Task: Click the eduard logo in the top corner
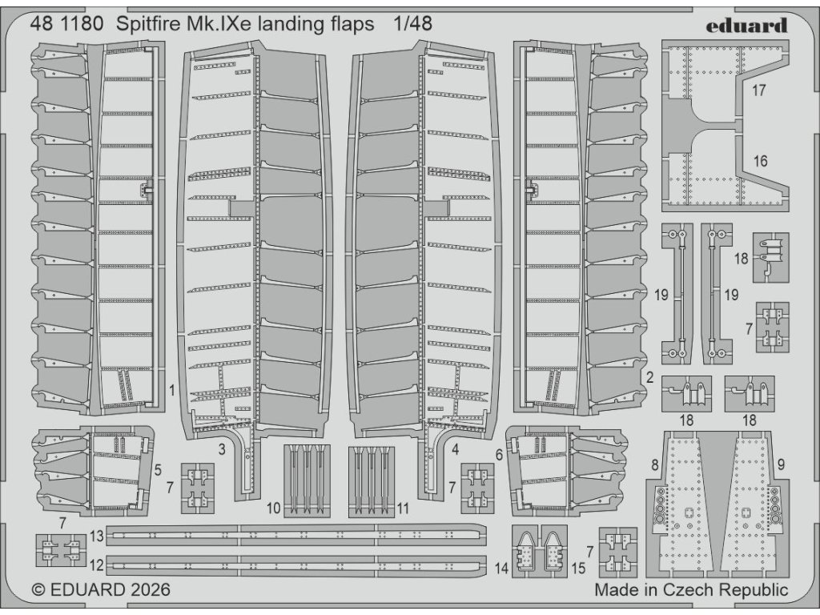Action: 746,25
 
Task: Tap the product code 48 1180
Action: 66,24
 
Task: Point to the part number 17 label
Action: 758,90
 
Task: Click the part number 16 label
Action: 760,160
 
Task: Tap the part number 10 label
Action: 274,508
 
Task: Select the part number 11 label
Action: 403,508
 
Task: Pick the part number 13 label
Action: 97,536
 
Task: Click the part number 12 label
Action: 97,565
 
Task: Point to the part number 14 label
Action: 501,568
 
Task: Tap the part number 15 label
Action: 578,568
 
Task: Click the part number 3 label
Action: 222,448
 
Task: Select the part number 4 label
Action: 455,448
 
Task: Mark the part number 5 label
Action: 158,470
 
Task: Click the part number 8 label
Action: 655,464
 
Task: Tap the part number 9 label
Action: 781,464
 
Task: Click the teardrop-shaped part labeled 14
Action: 525,549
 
